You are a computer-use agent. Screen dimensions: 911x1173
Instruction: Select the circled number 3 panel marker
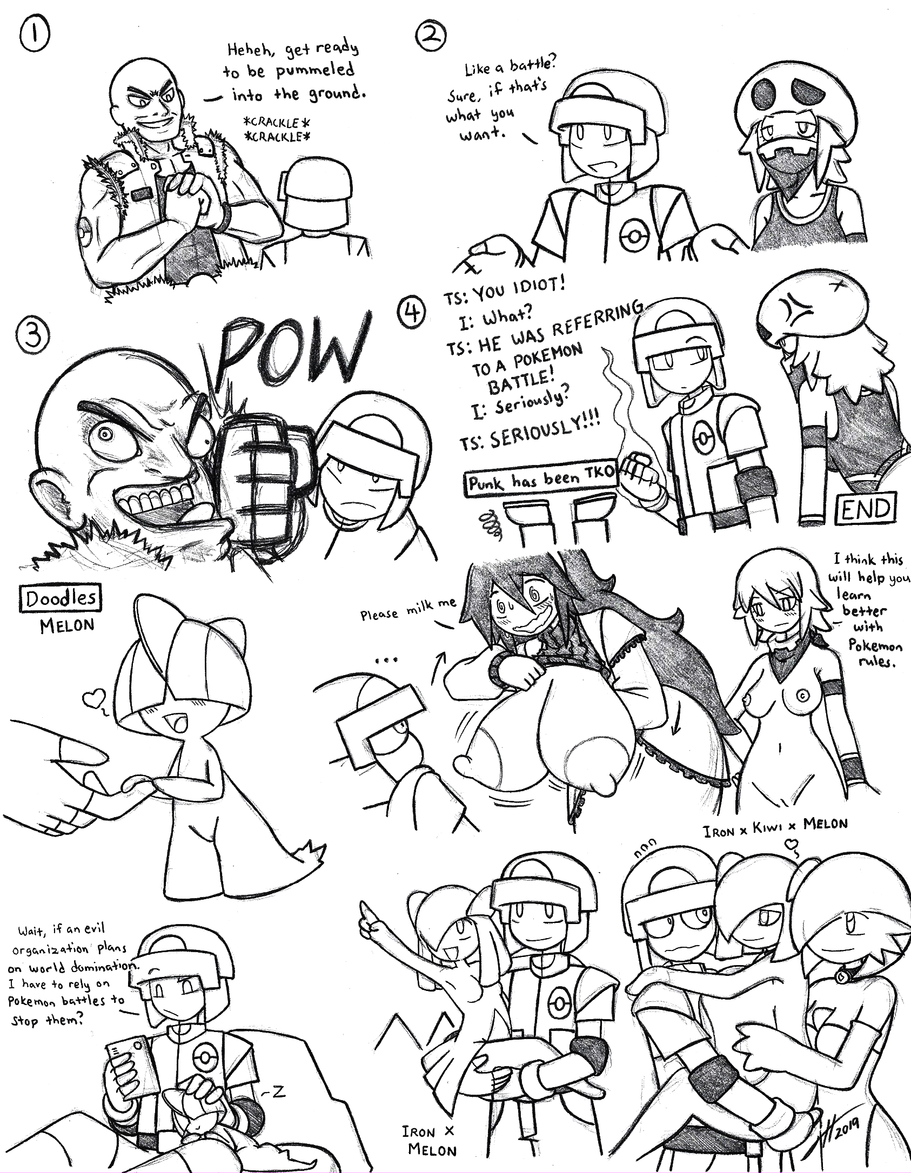pos(30,336)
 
